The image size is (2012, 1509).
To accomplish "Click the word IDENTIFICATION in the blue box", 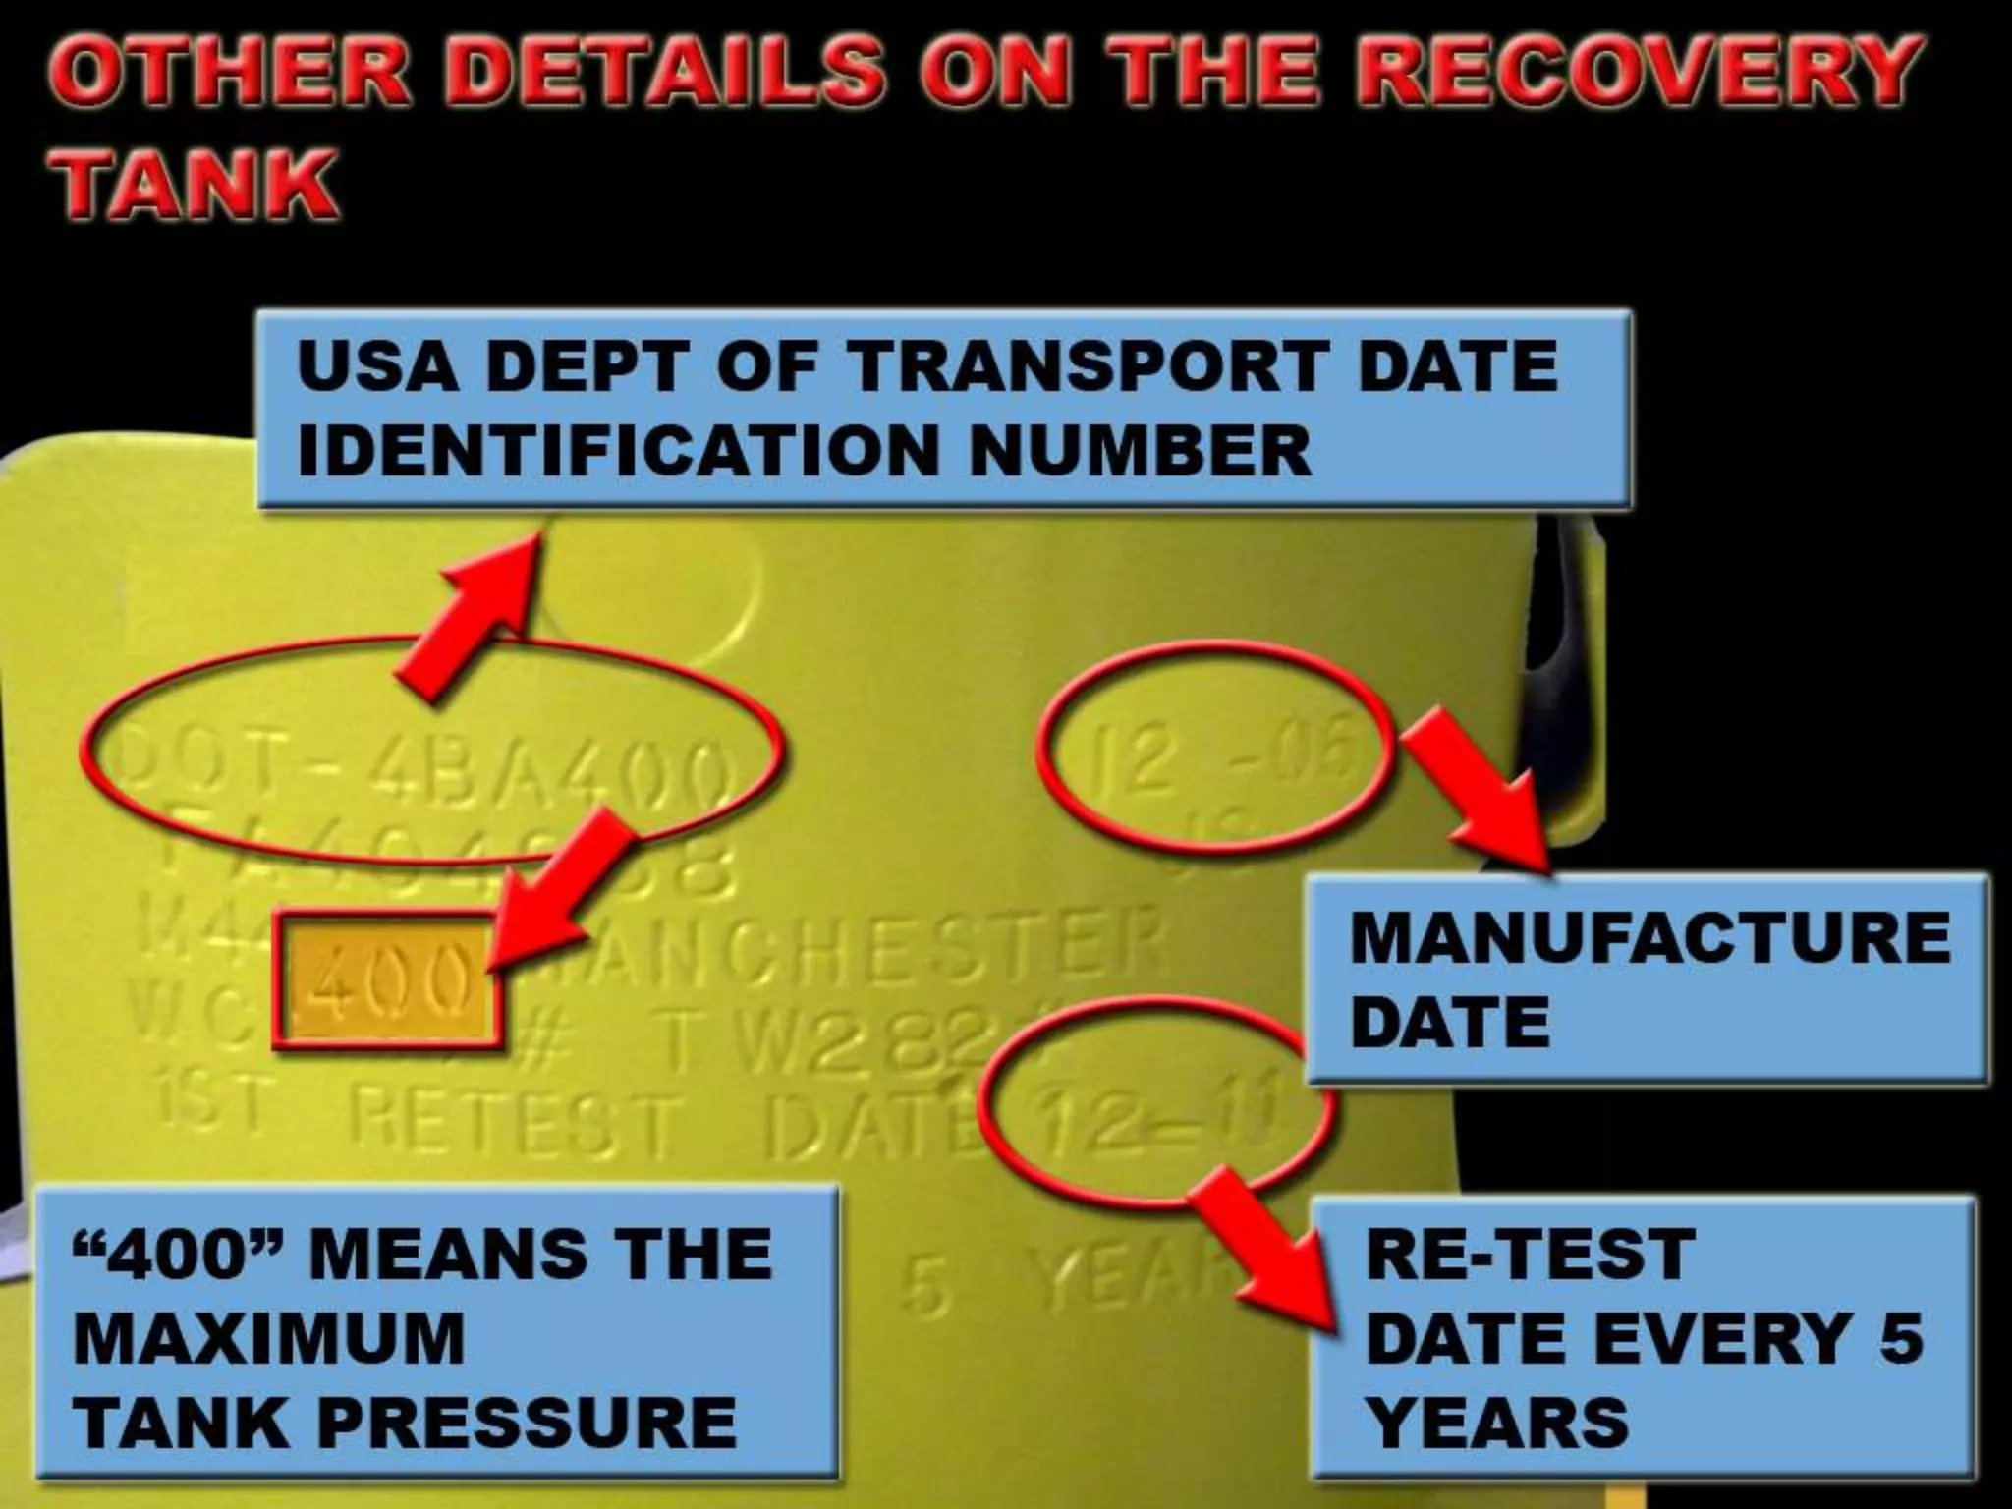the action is (618, 451).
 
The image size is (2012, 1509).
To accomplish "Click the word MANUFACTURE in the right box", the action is (1649, 937).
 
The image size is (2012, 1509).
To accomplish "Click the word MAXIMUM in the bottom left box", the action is (268, 1339).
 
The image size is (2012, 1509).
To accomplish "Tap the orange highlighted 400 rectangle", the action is (389, 981).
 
